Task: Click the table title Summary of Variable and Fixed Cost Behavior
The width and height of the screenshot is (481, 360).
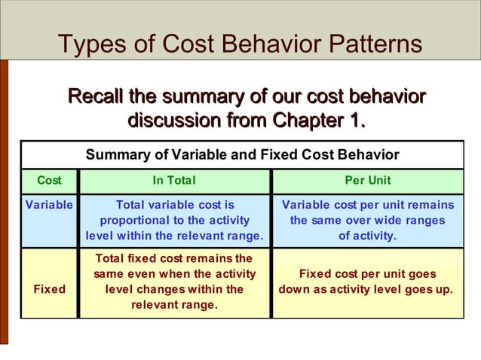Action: point(242,155)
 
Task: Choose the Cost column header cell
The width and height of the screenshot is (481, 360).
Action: point(49,181)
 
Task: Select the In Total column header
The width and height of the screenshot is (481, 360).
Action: point(174,181)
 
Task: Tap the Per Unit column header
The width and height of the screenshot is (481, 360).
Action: point(367,181)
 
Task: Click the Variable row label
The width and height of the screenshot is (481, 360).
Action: point(49,206)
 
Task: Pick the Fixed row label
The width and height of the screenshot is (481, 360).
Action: point(49,289)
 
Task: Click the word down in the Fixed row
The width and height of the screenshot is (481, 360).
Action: point(295,289)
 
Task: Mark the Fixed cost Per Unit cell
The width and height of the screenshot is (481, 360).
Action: point(367,282)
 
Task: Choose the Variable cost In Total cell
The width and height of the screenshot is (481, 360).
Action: point(174,221)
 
